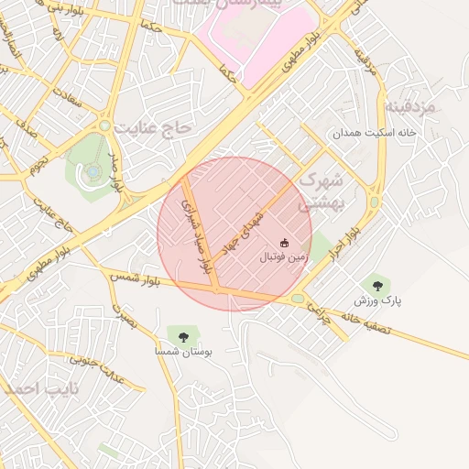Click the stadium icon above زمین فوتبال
[284, 243]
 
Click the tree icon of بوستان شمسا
[181, 336]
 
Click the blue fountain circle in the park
[93, 170]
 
